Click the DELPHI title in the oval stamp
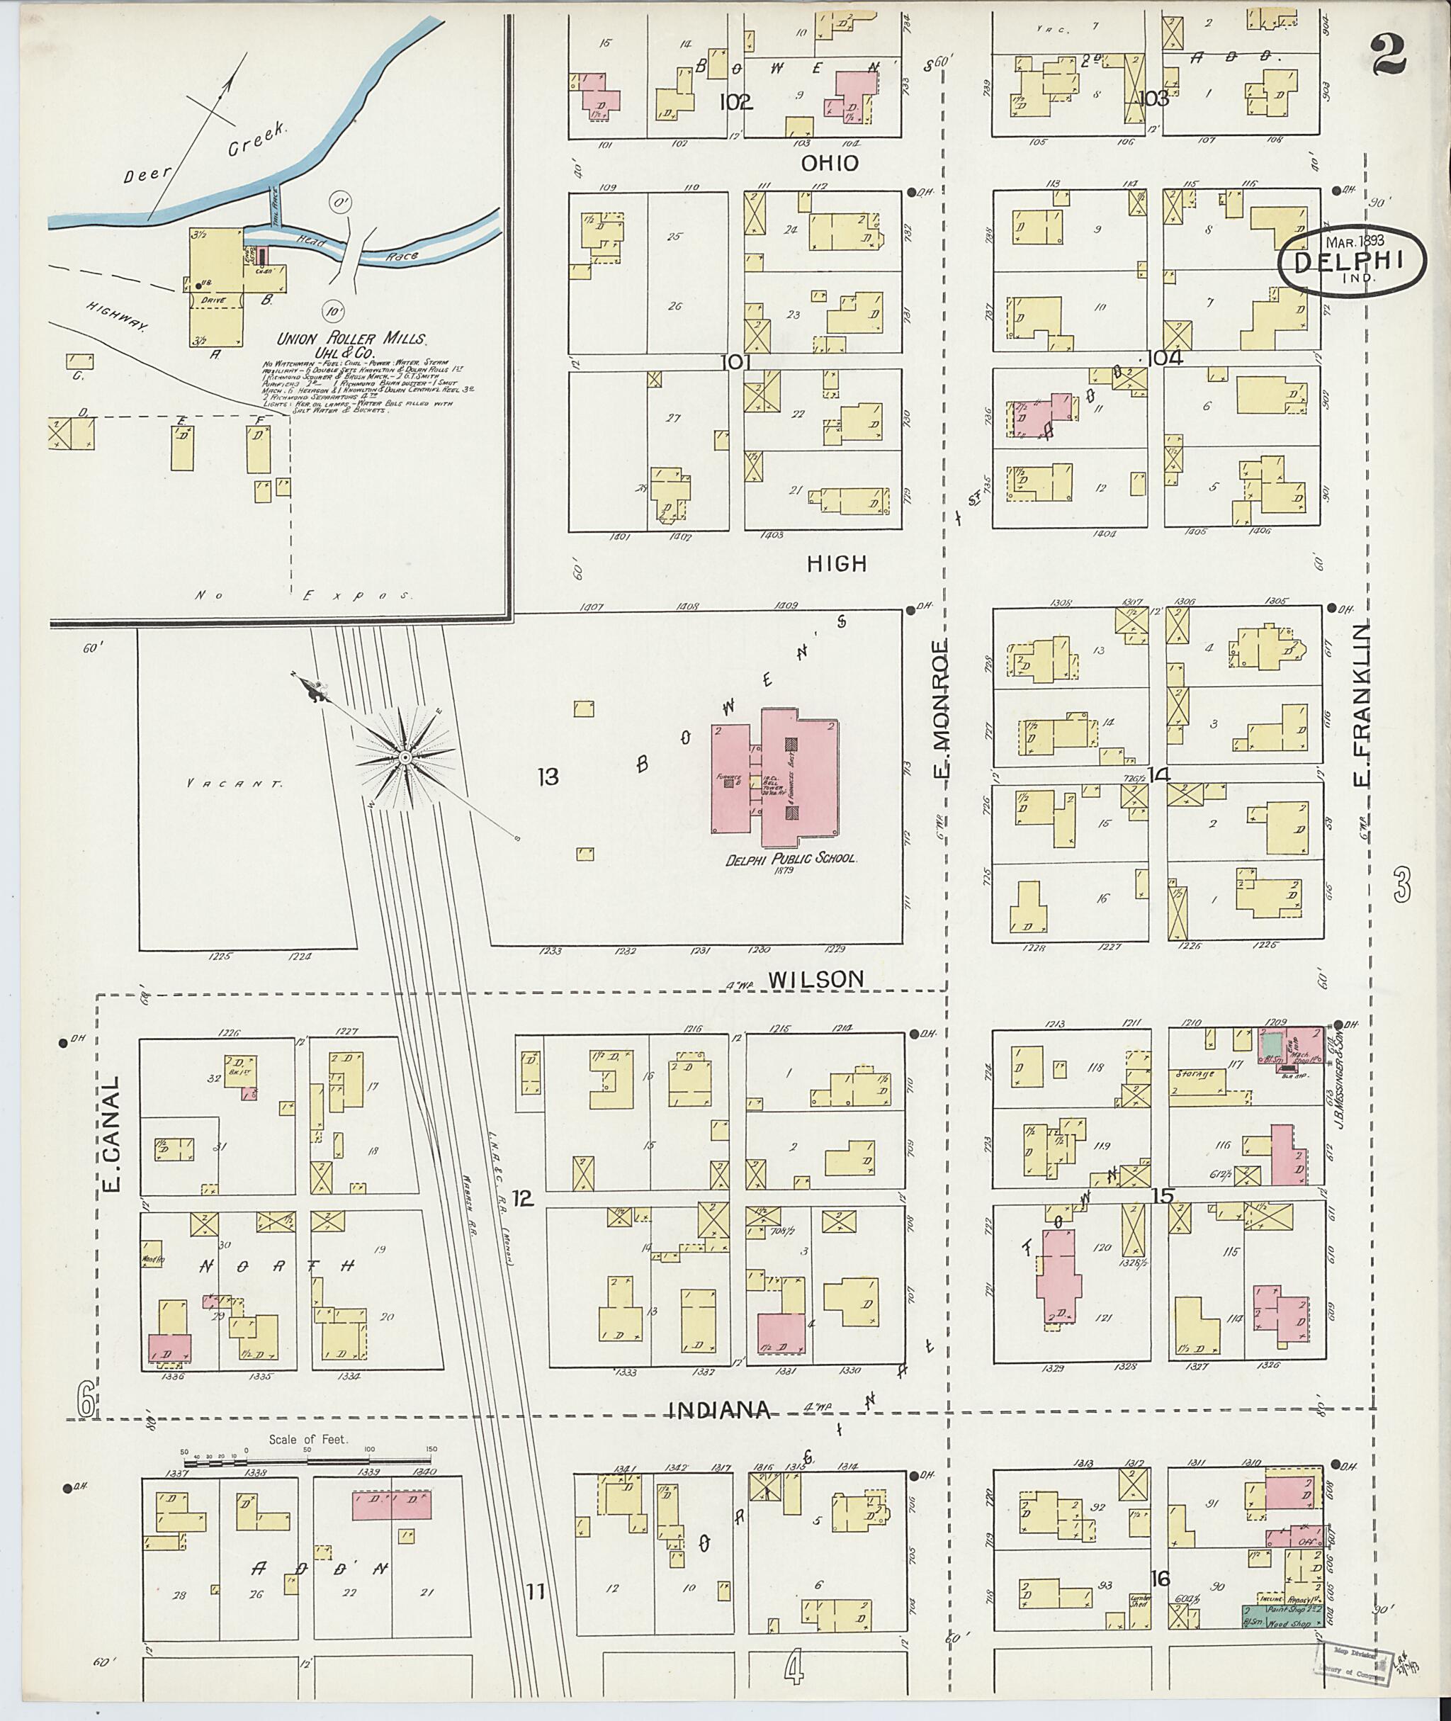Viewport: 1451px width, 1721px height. [x=1352, y=261]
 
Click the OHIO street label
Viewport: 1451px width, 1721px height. [x=830, y=164]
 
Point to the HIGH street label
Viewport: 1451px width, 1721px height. [x=837, y=563]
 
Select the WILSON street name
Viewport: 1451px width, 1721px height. [x=816, y=979]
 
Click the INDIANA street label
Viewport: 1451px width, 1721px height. [x=718, y=1411]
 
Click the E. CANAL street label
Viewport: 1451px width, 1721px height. [x=112, y=1134]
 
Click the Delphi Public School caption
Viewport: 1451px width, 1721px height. [x=791, y=858]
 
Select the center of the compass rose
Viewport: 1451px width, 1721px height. [x=405, y=757]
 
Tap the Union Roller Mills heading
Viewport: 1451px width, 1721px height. [x=351, y=338]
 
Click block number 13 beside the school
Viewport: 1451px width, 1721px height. [x=548, y=777]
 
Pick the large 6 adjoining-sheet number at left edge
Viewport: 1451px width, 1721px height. [x=86, y=1399]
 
